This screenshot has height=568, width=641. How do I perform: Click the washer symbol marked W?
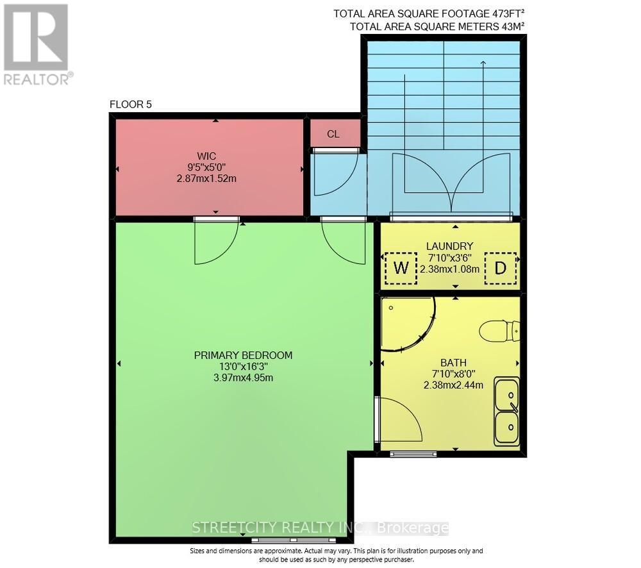coord(401,269)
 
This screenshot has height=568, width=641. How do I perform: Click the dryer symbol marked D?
coord(501,269)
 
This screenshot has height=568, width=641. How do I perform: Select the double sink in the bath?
coord(506,411)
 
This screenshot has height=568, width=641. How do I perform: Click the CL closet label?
coord(333,134)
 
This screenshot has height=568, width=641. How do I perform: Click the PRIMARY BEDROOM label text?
coord(243,355)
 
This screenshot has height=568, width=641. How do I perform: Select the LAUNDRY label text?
coord(449,246)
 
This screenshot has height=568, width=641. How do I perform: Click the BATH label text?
coord(453,362)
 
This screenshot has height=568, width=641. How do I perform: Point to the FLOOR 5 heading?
coord(131,104)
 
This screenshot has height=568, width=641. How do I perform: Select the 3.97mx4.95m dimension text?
coord(243,378)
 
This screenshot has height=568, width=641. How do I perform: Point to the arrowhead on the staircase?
coord(483,62)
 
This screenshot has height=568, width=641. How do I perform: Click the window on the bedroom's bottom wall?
coord(294,540)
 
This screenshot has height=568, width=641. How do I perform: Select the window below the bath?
coord(413,455)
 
